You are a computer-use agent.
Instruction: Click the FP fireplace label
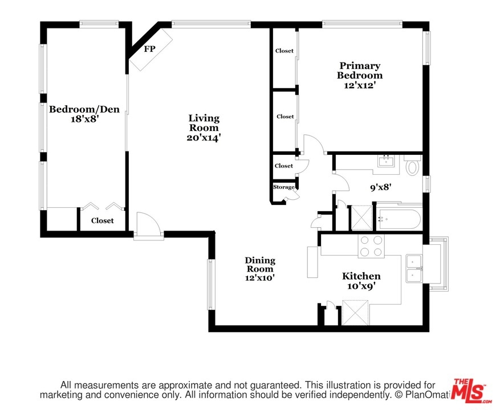pos(149,49)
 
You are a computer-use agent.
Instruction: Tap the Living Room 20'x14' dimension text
pos(204,138)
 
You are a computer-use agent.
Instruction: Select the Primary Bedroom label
pos(360,71)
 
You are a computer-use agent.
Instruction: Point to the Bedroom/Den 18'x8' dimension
pos(84,119)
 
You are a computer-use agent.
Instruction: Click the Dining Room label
pos(260,265)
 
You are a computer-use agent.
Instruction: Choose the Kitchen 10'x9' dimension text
pos(361,286)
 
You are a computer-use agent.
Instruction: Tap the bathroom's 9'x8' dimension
pos(381,187)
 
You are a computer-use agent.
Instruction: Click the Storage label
pos(284,187)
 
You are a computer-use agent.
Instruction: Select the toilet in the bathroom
pos(413,166)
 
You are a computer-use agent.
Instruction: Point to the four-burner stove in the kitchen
pos(371,246)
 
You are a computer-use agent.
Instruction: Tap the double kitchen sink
pos(414,268)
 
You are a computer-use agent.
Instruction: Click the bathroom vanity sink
pos(386,161)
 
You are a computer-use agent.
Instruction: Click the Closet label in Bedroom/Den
pos(103,220)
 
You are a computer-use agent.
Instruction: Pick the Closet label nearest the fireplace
pos(284,51)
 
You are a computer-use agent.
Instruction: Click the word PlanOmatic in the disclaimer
pos(426,395)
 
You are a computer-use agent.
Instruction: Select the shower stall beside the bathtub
pos(361,218)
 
